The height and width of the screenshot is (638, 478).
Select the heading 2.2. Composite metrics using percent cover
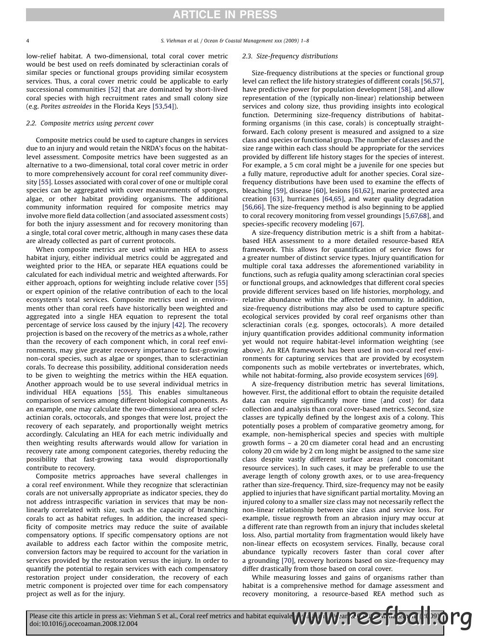[90, 123]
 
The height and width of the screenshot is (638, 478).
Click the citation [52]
[114, 90]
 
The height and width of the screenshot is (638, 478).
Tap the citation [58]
[404, 90]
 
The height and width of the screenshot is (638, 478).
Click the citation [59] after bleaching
[279, 191]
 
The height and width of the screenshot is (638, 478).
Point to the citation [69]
[430, 376]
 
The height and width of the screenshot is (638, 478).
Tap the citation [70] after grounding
[288, 561]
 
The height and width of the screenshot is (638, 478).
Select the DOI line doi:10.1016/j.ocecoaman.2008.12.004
[83, 624]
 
